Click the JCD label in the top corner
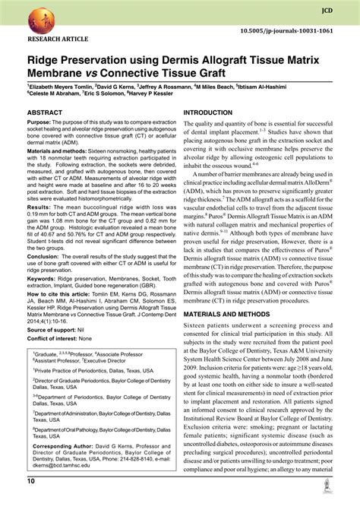[327, 11]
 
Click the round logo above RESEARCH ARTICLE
[44, 20]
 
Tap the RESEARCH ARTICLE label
[57, 38]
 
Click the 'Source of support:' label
[53, 330]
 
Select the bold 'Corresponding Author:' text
[66, 446]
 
